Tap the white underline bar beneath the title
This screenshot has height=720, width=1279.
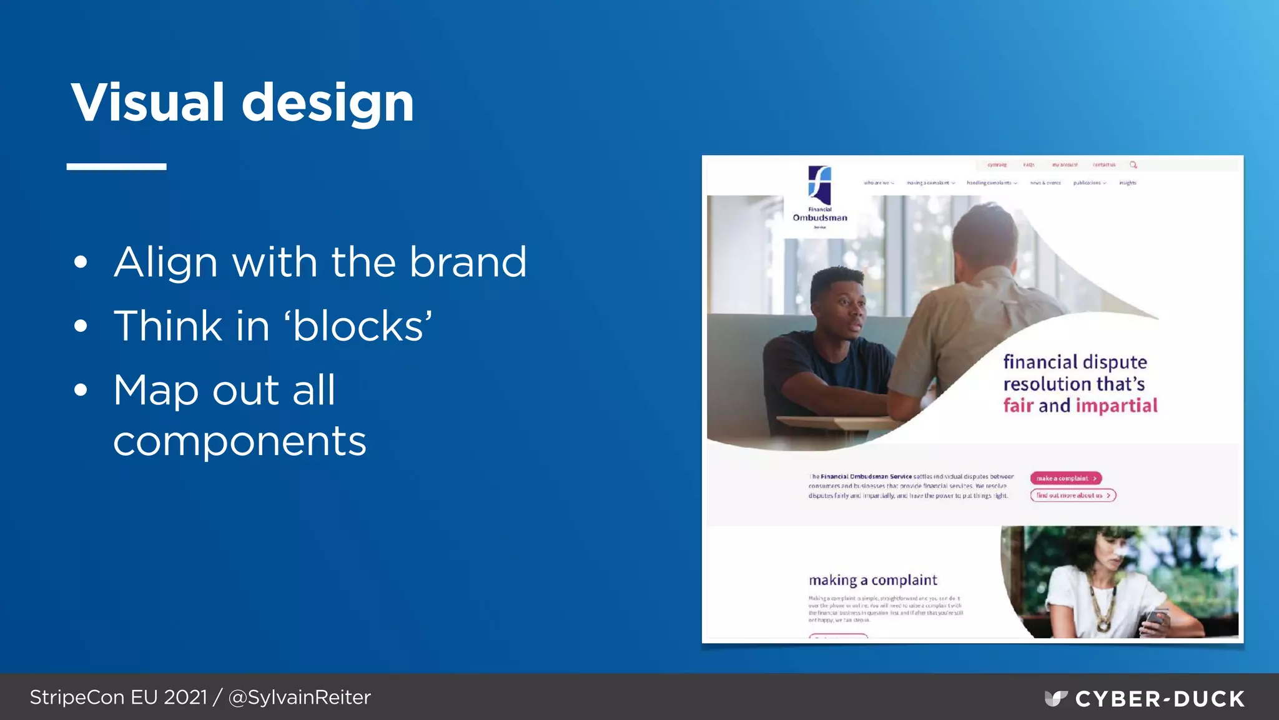pos(116,166)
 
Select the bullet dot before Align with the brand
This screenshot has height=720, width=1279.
pos(81,262)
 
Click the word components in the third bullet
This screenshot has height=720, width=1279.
pos(239,442)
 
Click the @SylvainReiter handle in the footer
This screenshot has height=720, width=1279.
pos(300,697)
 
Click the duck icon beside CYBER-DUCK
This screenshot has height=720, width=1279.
pos(1056,698)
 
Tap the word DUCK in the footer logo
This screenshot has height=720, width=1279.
pos(1210,699)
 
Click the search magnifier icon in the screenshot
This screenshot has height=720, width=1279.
pos(1133,165)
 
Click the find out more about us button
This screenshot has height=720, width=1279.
pos(1072,496)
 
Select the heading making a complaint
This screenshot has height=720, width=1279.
pos(872,580)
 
